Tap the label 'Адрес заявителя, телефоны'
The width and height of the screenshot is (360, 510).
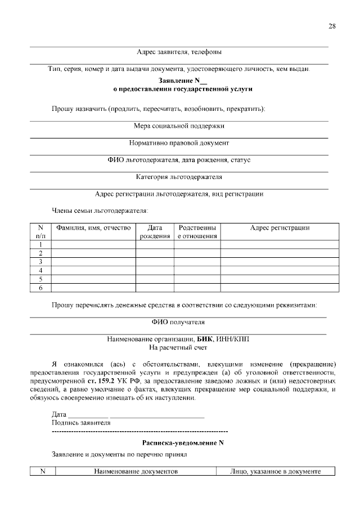click(x=179, y=52)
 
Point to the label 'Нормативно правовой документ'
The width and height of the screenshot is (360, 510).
click(x=179, y=143)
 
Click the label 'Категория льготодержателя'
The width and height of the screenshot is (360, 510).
click(x=179, y=177)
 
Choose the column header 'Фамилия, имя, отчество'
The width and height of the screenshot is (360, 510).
click(x=93, y=228)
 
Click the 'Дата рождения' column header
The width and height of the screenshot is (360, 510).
click(x=155, y=232)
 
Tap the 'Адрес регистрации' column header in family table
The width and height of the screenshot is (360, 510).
click(x=280, y=228)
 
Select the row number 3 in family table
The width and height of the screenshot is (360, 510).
click(x=40, y=262)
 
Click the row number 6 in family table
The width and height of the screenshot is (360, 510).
click(x=40, y=288)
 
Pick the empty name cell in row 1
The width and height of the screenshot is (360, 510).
click(x=93, y=245)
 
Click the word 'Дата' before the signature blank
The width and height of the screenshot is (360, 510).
click(x=59, y=415)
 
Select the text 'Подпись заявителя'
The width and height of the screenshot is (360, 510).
click(x=81, y=423)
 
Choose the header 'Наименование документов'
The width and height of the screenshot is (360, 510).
click(x=136, y=471)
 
